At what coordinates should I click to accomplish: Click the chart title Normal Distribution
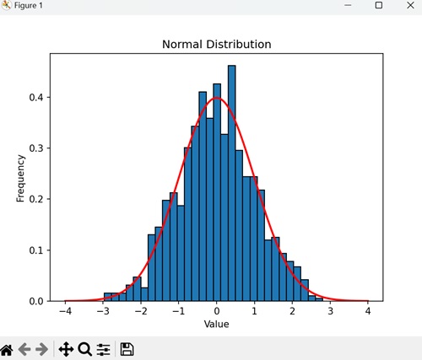tap(217, 44)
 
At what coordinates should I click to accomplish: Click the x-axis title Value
tap(217, 324)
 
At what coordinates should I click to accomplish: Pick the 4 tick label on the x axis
tap(368, 311)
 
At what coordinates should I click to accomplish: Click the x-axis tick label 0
tap(217, 311)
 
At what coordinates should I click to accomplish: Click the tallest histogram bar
tap(232, 185)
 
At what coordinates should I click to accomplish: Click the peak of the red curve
tap(217, 98)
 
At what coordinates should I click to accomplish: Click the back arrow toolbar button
tap(25, 348)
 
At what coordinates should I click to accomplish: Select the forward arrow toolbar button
tap(43, 348)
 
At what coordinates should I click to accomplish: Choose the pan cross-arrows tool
tap(66, 348)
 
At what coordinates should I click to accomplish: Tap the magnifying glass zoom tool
tap(84, 348)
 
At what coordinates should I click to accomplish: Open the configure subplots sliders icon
tap(104, 348)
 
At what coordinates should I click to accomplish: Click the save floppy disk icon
tap(127, 348)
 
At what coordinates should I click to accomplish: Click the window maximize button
tap(379, 6)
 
